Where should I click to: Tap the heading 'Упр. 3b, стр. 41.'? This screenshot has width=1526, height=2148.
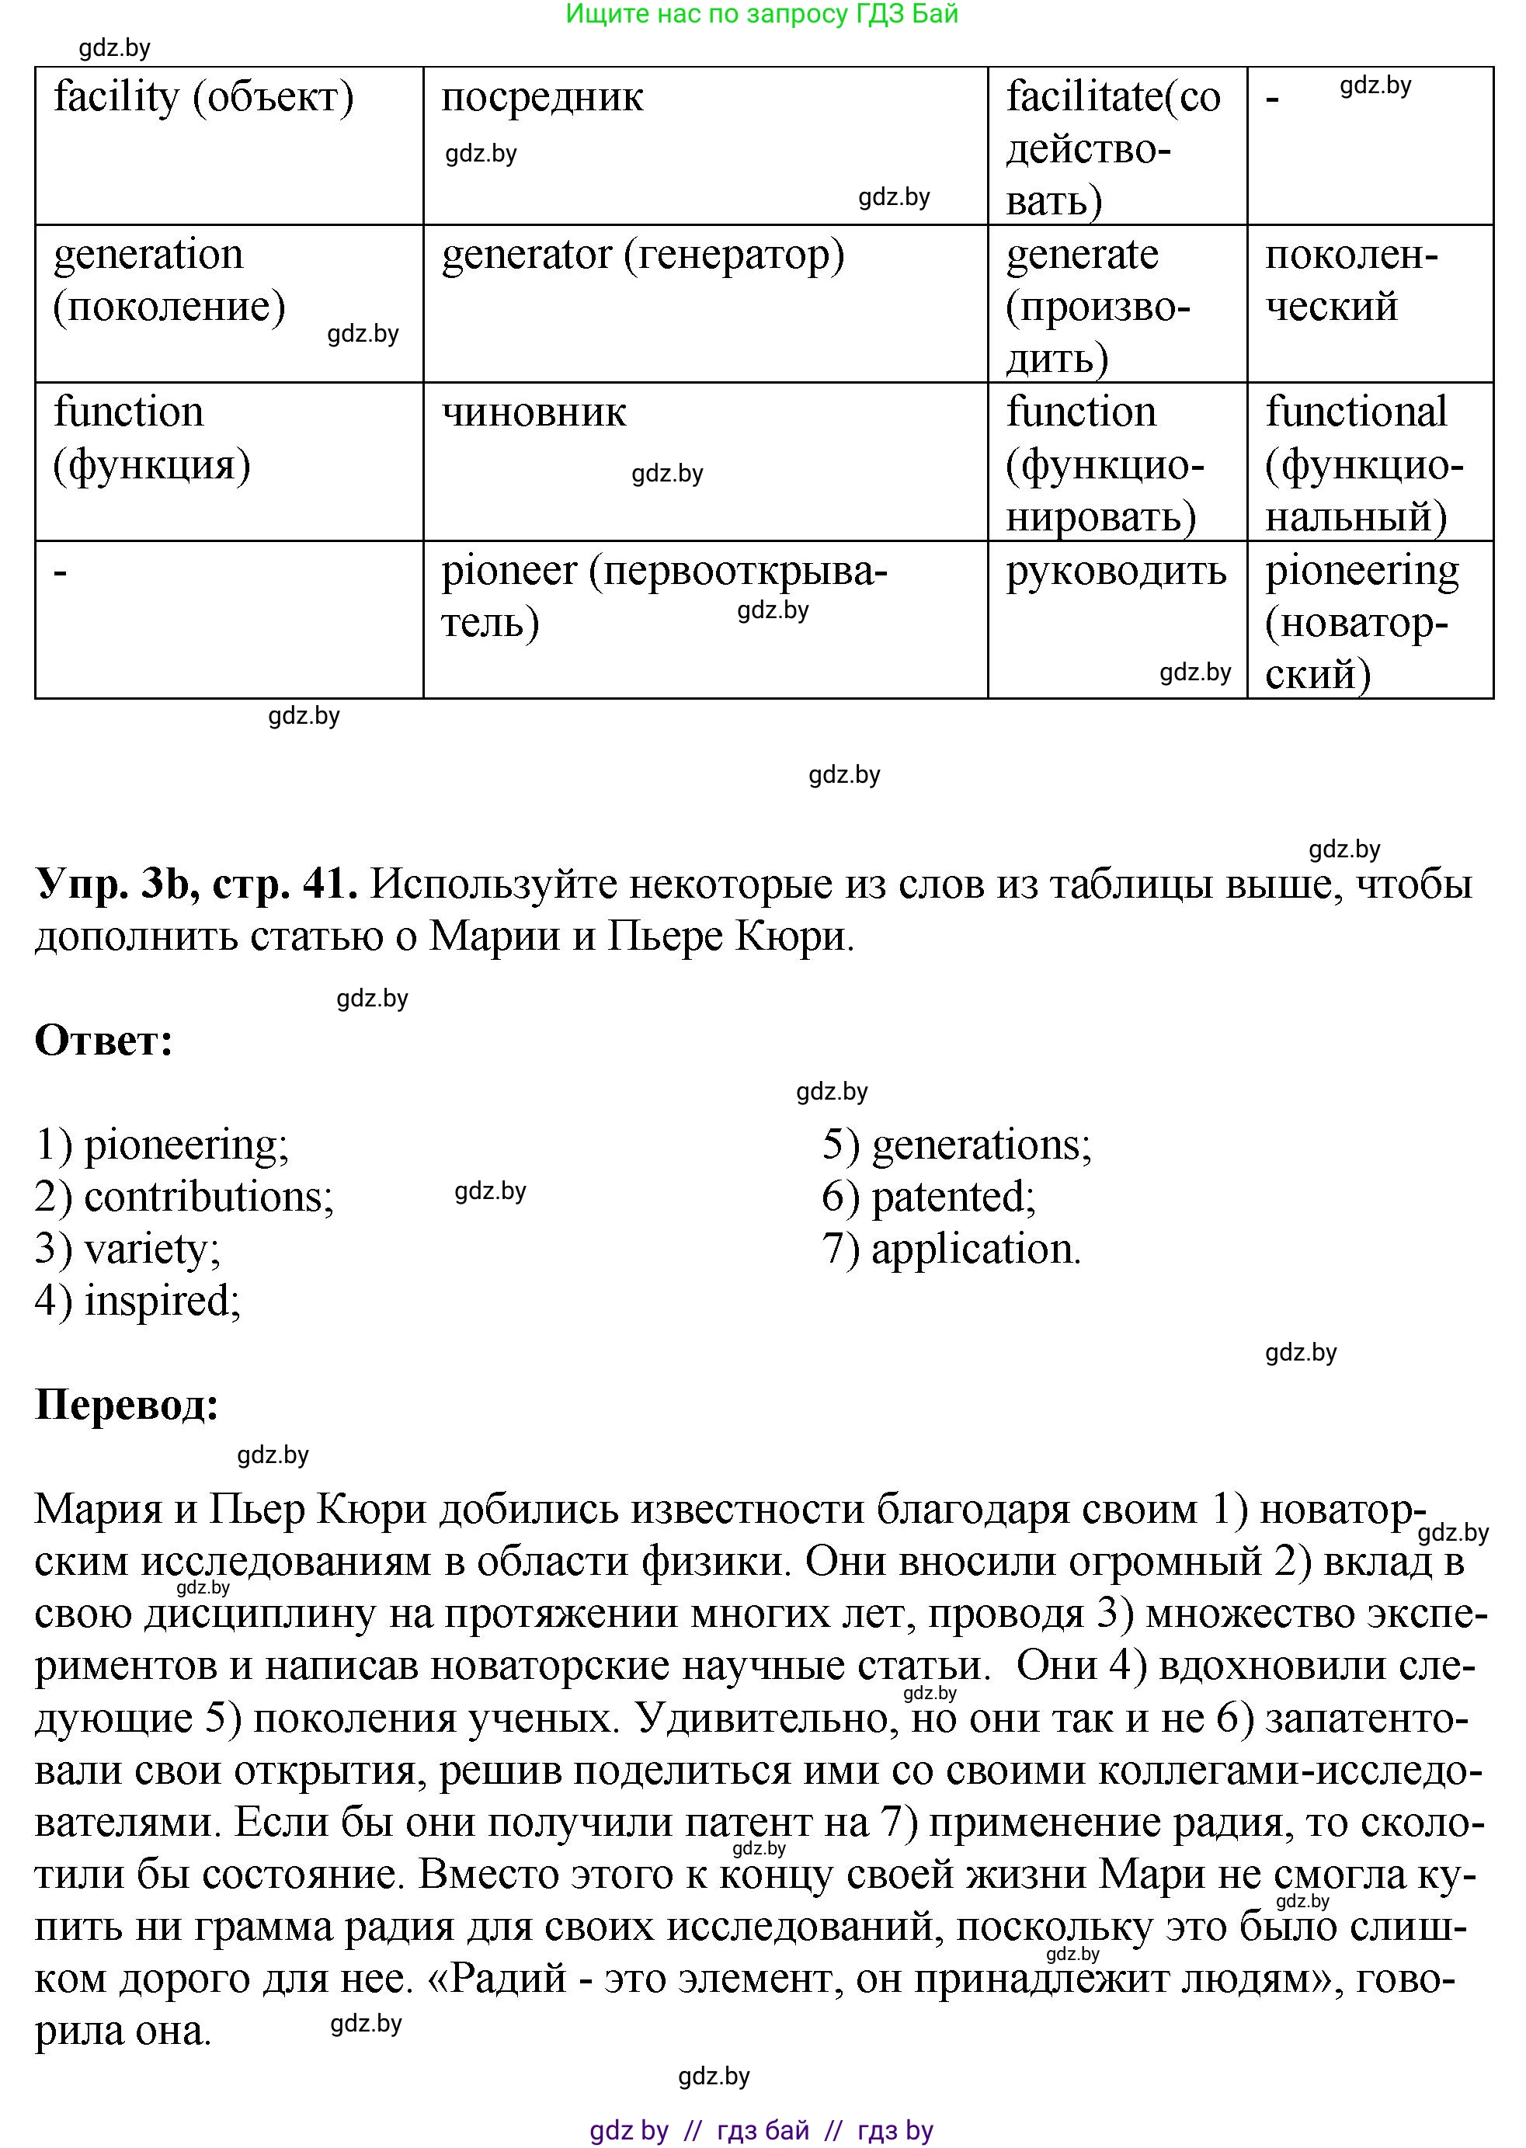(x=196, y=885)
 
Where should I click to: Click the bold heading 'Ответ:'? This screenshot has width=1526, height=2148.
(x=104, y=1042)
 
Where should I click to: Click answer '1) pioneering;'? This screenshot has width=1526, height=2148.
(x=162, y=1145)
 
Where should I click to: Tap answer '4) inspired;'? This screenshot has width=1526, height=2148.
(x=138, y=1302)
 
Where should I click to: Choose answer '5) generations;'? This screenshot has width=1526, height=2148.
(x=957, y=1145)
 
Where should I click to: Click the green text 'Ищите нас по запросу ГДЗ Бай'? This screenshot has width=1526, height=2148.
(x=761, y=14)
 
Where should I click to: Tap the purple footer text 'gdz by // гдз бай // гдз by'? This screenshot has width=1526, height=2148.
(x=761, y=2130)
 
